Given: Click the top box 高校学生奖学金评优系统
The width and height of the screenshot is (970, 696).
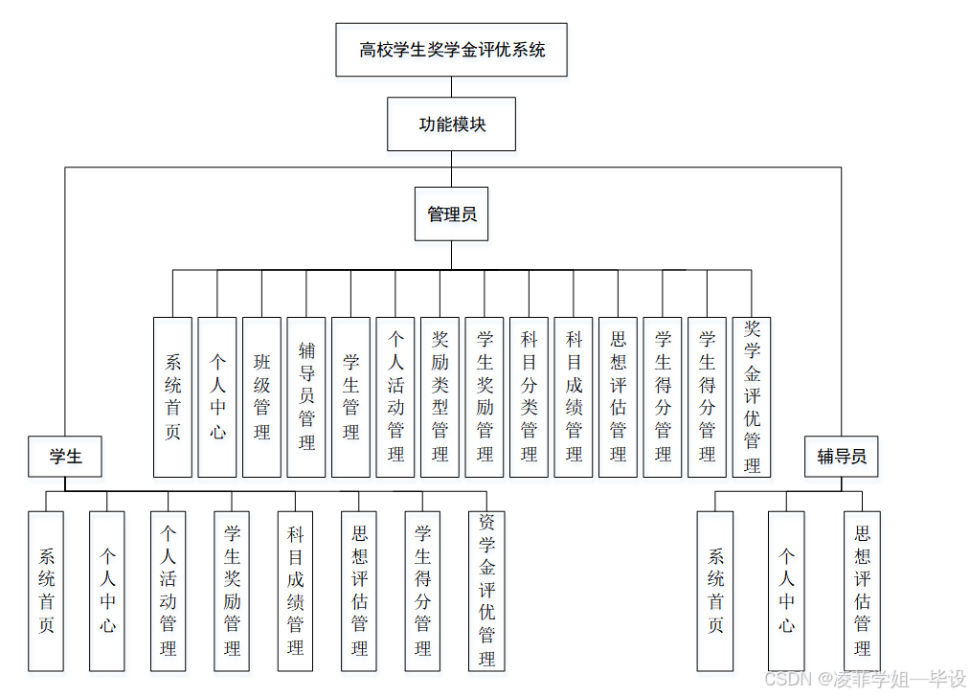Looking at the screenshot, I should point(451,50).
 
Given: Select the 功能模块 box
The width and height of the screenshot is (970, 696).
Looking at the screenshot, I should point(451,124).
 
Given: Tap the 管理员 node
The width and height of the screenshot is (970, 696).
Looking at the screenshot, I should point(451,213).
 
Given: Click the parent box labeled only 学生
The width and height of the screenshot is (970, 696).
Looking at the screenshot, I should point(65,457).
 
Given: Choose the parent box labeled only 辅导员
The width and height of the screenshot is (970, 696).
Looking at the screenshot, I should point(841,457).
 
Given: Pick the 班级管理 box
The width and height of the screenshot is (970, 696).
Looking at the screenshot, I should point(261,397).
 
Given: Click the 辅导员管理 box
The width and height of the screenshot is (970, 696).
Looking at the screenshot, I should point(306,397).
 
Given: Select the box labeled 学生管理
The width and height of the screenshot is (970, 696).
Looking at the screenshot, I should point(350,397).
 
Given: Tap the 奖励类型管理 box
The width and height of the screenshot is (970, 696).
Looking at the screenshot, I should point(440,397).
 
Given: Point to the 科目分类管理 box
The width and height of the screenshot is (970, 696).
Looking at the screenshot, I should point(529,397).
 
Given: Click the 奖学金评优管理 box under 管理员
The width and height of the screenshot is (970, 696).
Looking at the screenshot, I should point(752,397).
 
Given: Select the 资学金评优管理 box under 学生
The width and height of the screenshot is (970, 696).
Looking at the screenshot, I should point(486,591).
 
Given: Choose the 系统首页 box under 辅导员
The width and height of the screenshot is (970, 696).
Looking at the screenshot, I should point(715,591).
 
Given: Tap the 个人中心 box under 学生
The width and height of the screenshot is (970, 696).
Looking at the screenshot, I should point(107,591).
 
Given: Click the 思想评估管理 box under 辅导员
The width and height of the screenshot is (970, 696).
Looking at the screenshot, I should point(862,591).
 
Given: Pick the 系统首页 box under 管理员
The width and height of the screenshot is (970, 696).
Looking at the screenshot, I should point(172,397).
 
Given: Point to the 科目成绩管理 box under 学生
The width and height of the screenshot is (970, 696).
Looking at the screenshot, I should point(296,591).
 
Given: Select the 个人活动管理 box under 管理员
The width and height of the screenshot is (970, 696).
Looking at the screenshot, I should point(395,397).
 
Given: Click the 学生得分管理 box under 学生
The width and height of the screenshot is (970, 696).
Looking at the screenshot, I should point(422,591).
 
